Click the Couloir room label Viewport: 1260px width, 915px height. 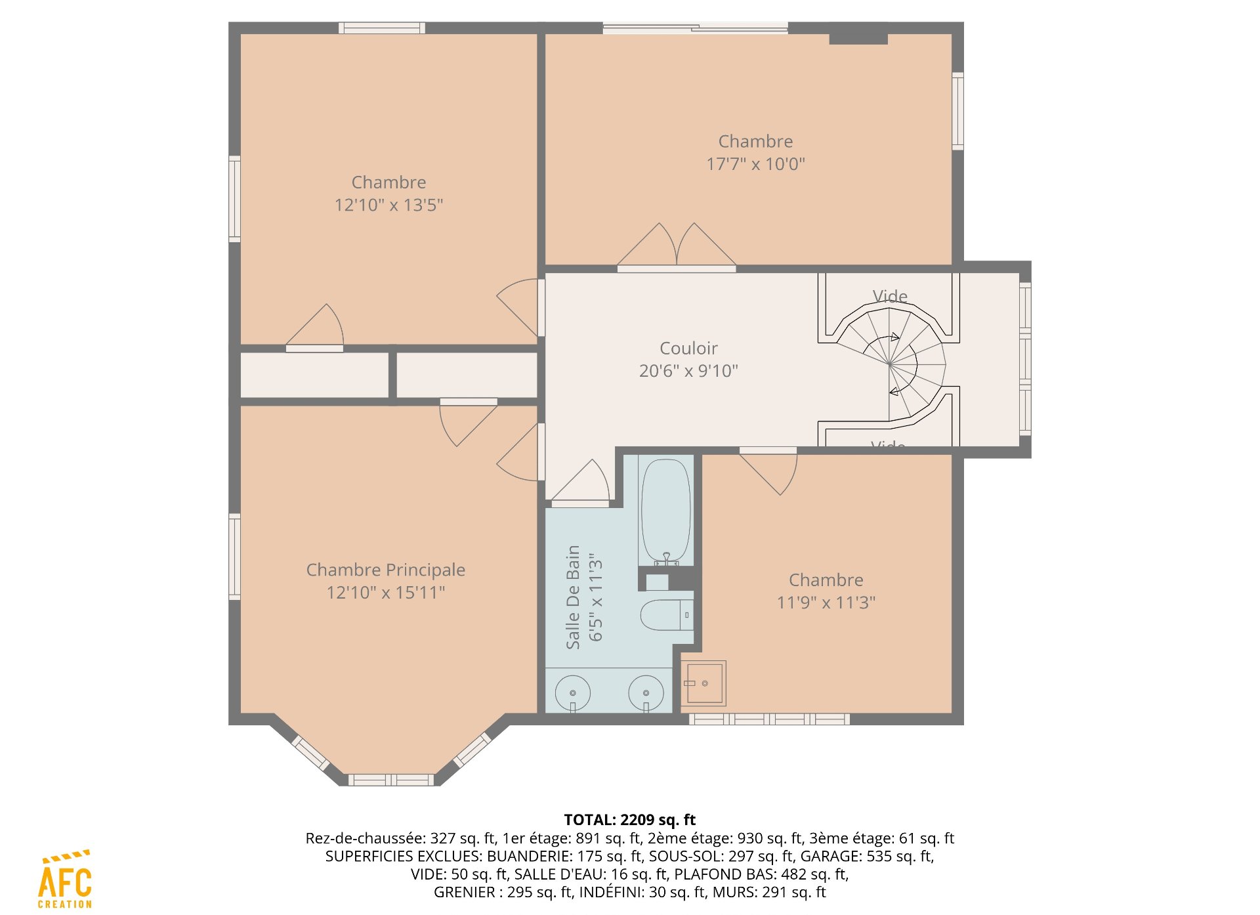pyautogui.click(x=688, y=348)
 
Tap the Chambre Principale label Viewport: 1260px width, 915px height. pyautogui.click(x=386, y=570)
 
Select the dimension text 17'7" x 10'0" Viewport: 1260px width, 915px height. pyautogui.click(x=755, y=163)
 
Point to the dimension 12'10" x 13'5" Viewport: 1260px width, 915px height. pyautogui.click(x=388, y=205)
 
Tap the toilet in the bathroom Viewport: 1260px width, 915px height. pyautogui.click(x=667, y=614)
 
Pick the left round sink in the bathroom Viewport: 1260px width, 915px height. pyautogui.click(x=573, y=693)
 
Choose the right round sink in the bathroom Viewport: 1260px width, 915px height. pyautogui.click(x=646, y=693)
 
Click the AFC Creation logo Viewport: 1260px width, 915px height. pyautogui.click(x=65, y=880)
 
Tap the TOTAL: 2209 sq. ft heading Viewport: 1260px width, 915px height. pyautogui.click(x=630, y=820)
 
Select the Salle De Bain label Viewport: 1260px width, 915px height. pyautogui.click(x=573, y=597)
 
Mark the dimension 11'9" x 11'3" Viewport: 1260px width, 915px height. pyautogui.click(x=826, y=603)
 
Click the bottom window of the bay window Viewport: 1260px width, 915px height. pyautogui.click(x=390, y=780)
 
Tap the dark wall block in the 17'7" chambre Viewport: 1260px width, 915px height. pyautogui.click(x=858, y=39)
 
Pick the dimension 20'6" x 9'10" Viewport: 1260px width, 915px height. pyautogui.click(x=688, y=371)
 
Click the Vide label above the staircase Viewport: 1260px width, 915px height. pyautogui.click(x=890, y=296)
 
